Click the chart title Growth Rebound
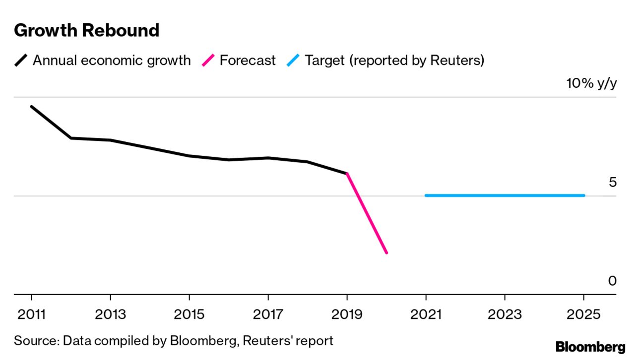[x=87, y=31]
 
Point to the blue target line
[x=505, y=195]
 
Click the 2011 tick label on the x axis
[x=31, y=314]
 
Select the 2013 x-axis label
[x=110, y=314]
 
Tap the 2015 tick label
[x=189, y=314]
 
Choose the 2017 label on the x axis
[x=268, y=314]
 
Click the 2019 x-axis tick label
[x=347, y=314]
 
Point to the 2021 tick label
[x=426, y=314]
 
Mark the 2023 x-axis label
[x=505, y=314]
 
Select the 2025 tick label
[x=583, y=314]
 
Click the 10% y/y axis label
[x=591, y=83]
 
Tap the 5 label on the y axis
[x=612, y=182]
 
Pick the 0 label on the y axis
[x=612, y=281]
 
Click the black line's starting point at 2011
[x=31, y=107]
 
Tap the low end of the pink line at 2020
[x=386, y=253]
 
